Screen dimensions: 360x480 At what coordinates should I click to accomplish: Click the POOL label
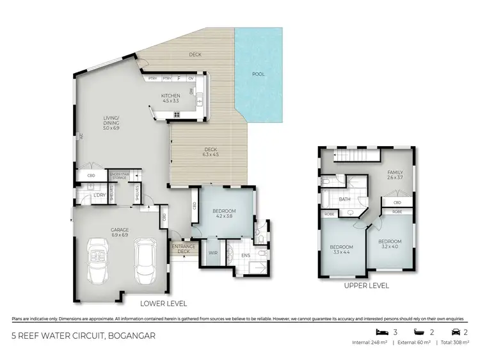[x=259, y=74]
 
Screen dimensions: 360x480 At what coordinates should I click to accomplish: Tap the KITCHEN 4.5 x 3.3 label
[x=171, y=97]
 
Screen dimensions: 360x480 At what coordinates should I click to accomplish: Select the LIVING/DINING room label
[x=112, y=122]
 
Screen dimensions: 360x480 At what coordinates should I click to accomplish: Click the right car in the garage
[x=145, y=259]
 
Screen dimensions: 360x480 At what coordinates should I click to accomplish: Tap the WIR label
[x=212, y=253]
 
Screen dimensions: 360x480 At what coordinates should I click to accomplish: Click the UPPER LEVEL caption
[x=367, y=286]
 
